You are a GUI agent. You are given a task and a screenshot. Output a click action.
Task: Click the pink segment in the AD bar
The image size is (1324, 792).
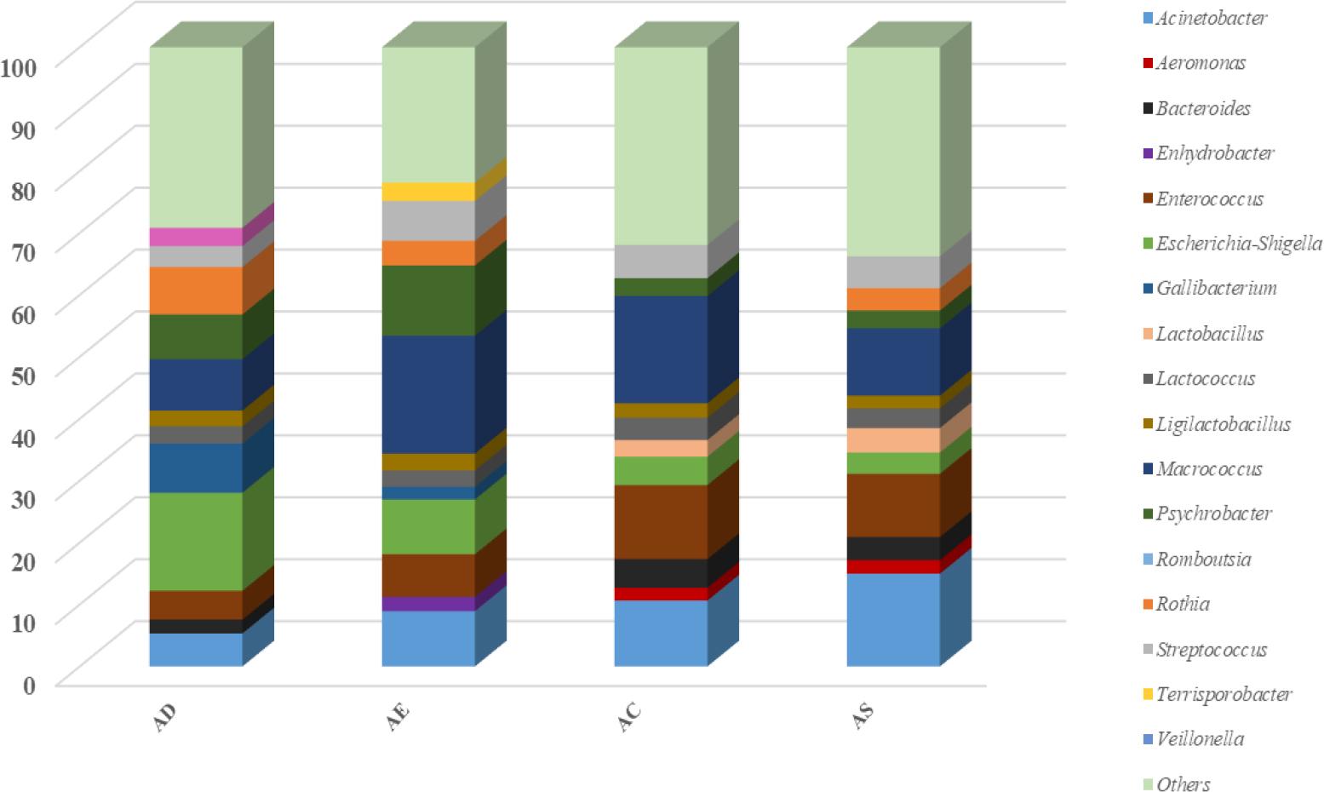coord(196,237)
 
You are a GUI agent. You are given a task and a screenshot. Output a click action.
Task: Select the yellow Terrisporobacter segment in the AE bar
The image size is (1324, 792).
coord(428,192)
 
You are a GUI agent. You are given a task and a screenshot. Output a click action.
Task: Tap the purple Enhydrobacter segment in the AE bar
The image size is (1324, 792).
coord(428,604)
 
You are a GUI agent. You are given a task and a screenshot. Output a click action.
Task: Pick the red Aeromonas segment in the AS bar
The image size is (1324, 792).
coord(893,566)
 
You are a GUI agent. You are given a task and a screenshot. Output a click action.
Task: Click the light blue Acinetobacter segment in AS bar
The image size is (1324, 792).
coord(893,619)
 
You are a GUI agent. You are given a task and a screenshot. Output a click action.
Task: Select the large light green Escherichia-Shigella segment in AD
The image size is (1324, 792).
coord(196,541)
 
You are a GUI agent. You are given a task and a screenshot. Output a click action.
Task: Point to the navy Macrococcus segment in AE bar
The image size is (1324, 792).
coord(428,394)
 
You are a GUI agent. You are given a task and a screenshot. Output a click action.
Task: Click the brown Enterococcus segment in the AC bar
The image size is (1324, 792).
coord(661,521)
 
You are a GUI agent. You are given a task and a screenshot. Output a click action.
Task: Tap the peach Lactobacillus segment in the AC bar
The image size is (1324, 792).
coord(661,448)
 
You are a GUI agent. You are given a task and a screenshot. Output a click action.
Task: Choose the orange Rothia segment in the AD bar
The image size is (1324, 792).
coord(196,290)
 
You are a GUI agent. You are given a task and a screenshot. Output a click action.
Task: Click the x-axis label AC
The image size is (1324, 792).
coord(629,718)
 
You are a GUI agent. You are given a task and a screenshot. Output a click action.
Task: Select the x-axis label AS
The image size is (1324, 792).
coord(863,718)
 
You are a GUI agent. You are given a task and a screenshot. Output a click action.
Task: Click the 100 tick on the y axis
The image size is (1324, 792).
coord(18,65)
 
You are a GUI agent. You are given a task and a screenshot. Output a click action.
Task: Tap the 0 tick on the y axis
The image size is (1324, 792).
coord(29,685)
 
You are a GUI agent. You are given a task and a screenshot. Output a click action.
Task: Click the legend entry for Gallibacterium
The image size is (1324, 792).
coord(1216,288)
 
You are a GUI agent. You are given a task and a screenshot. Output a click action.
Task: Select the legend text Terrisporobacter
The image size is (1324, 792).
coord(1224,694)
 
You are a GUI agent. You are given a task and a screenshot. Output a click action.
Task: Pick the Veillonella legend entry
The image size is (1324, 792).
coord(1200,739)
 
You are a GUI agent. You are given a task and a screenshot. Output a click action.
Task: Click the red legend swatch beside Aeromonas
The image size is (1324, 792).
coord(1148,63)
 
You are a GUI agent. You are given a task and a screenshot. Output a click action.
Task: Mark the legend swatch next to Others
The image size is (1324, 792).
coord(1148,784)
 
